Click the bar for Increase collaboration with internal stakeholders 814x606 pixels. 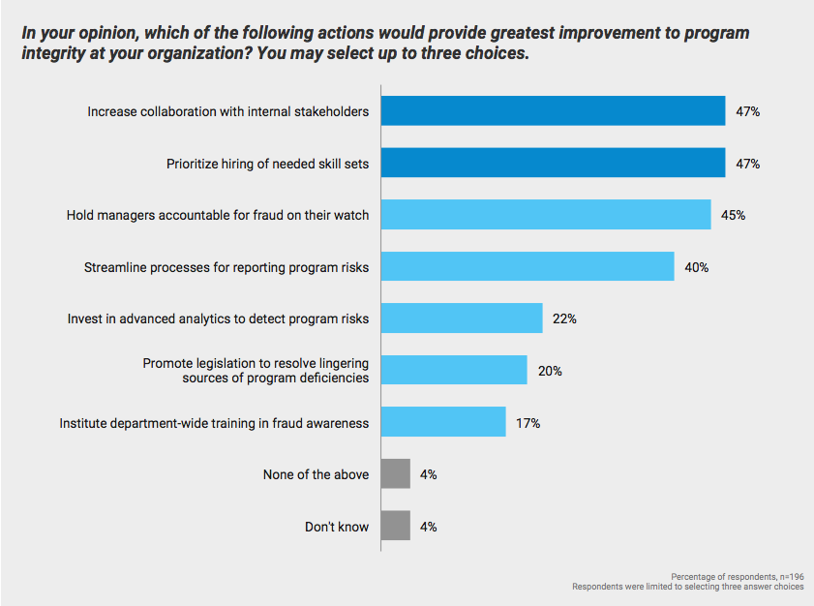point(553,110)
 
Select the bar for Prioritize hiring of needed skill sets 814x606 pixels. point(553,163)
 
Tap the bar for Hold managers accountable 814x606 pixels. point(546,214)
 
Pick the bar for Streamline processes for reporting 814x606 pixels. point(528,266)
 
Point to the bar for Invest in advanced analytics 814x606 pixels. point(462,318)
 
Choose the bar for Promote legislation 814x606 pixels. point(454,370)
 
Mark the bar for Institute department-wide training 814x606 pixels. point(443,422)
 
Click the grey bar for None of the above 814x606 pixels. point(396,474)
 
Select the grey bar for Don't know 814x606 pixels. point(396,526)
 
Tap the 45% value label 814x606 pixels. point(733,215)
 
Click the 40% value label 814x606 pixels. point(696,267)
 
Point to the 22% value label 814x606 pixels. point(564,318)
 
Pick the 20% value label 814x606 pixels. point(550,371)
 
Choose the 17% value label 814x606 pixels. point(528,423)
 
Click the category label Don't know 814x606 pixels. point(336,527)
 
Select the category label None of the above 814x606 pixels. point(316,474)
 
